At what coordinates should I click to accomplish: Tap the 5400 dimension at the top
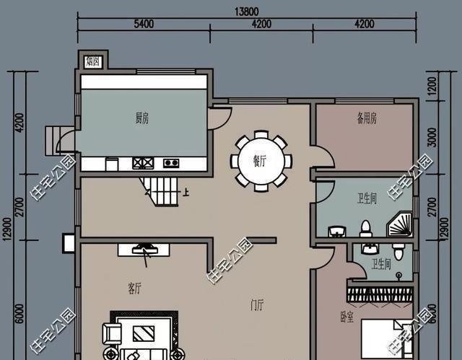click(143, 25)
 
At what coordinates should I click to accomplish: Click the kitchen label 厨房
click(143, 118)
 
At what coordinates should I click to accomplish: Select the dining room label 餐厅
click(261, 161)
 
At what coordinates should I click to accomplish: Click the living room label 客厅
click(134, 289)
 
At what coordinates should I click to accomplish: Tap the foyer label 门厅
click(258, 306)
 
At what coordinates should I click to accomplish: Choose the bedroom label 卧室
click(346, 317)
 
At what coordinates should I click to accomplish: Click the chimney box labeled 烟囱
click(93, 61)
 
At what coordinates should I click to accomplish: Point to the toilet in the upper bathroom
click(365, 228)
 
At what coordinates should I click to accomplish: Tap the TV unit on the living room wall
click(145, 249)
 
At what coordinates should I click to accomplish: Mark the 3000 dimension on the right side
click(432, 137)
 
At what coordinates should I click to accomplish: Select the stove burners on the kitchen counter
click(142, 163)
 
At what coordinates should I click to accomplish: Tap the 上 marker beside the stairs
click(187, 193)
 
